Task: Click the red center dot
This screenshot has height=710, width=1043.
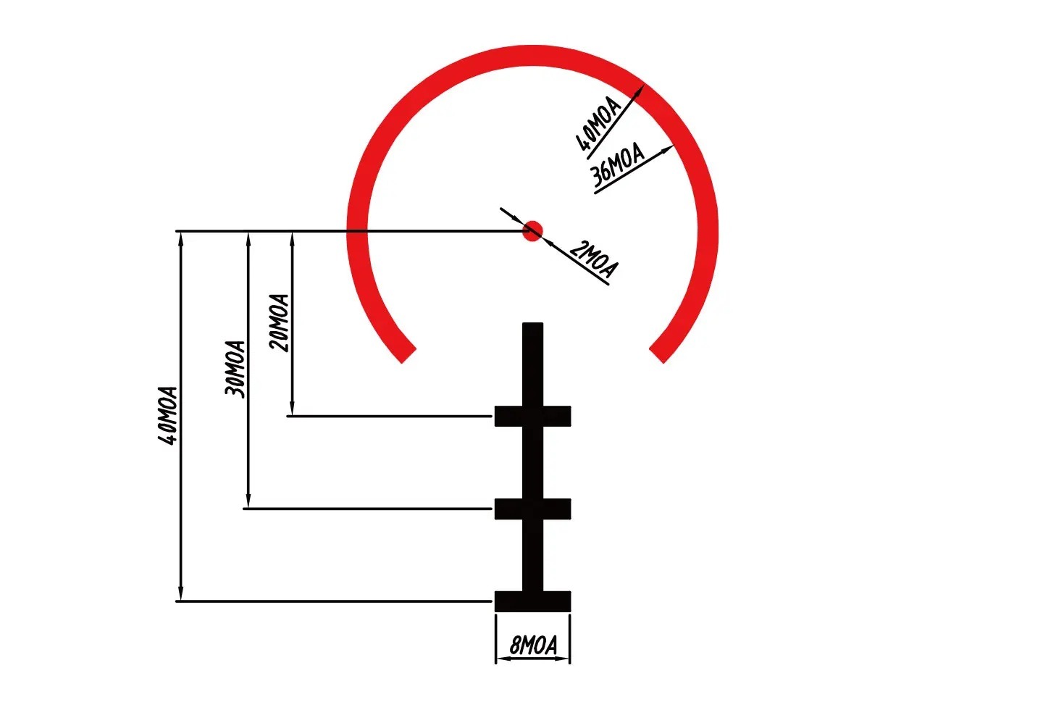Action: [532, 231]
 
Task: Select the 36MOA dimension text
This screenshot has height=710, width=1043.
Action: [617, 166]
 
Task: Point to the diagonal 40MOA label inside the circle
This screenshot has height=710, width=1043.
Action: [598, 126]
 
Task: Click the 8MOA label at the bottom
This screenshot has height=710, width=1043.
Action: [533, 645]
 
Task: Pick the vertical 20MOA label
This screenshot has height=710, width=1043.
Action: [279, 322]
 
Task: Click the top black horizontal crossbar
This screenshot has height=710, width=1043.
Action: [532, 417]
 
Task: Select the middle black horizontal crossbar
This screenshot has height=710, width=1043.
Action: [532, 509]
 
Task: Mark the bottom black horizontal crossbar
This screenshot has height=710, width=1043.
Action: [532, 601]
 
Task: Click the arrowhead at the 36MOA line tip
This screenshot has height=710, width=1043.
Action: [669, 149]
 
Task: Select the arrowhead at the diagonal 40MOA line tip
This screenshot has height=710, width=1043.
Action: [640, 89]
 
